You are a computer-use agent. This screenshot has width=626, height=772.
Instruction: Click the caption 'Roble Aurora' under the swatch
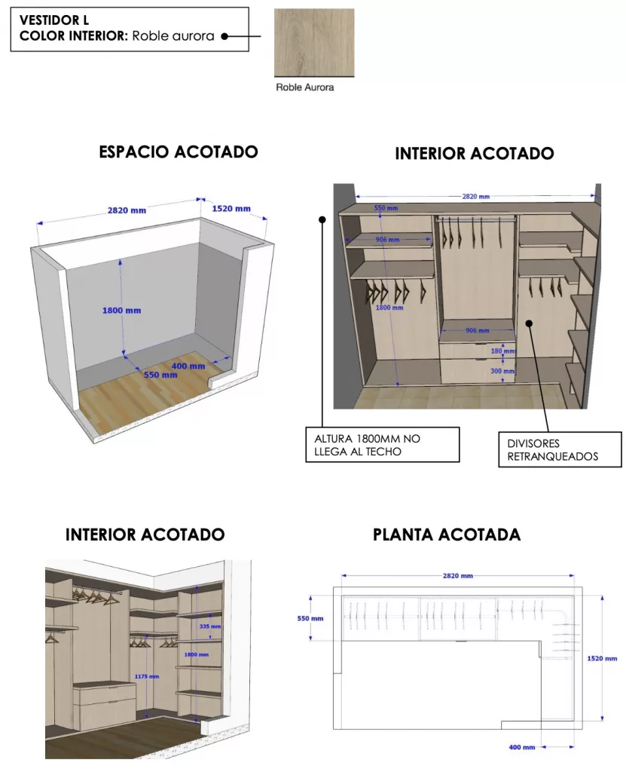point(304,87)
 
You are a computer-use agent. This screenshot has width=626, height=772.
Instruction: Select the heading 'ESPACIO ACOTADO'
point(179,152)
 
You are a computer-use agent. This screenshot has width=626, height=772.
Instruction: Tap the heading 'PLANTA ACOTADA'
point(447,535)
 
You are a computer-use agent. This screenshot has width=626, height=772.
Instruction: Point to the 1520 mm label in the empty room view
point(231,209)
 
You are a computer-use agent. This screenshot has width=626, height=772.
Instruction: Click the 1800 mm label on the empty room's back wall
point(122,310)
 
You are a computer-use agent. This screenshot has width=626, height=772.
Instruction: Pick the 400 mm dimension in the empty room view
point(188,366)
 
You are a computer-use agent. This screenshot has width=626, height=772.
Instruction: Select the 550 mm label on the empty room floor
point(160,374)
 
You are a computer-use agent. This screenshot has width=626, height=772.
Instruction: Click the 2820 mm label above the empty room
point(127,210)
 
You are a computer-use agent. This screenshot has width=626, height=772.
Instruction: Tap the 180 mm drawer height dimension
point(498,351)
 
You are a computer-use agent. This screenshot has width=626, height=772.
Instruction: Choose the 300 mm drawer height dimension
point(498,371)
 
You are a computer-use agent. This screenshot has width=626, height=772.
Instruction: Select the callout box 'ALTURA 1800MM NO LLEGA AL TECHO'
point(382,444)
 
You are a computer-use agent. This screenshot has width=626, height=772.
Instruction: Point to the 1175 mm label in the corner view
point(148,676)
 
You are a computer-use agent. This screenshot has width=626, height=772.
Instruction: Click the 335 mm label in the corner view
point(211,626)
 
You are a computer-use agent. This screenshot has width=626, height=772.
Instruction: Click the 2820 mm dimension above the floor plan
point(457,575)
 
